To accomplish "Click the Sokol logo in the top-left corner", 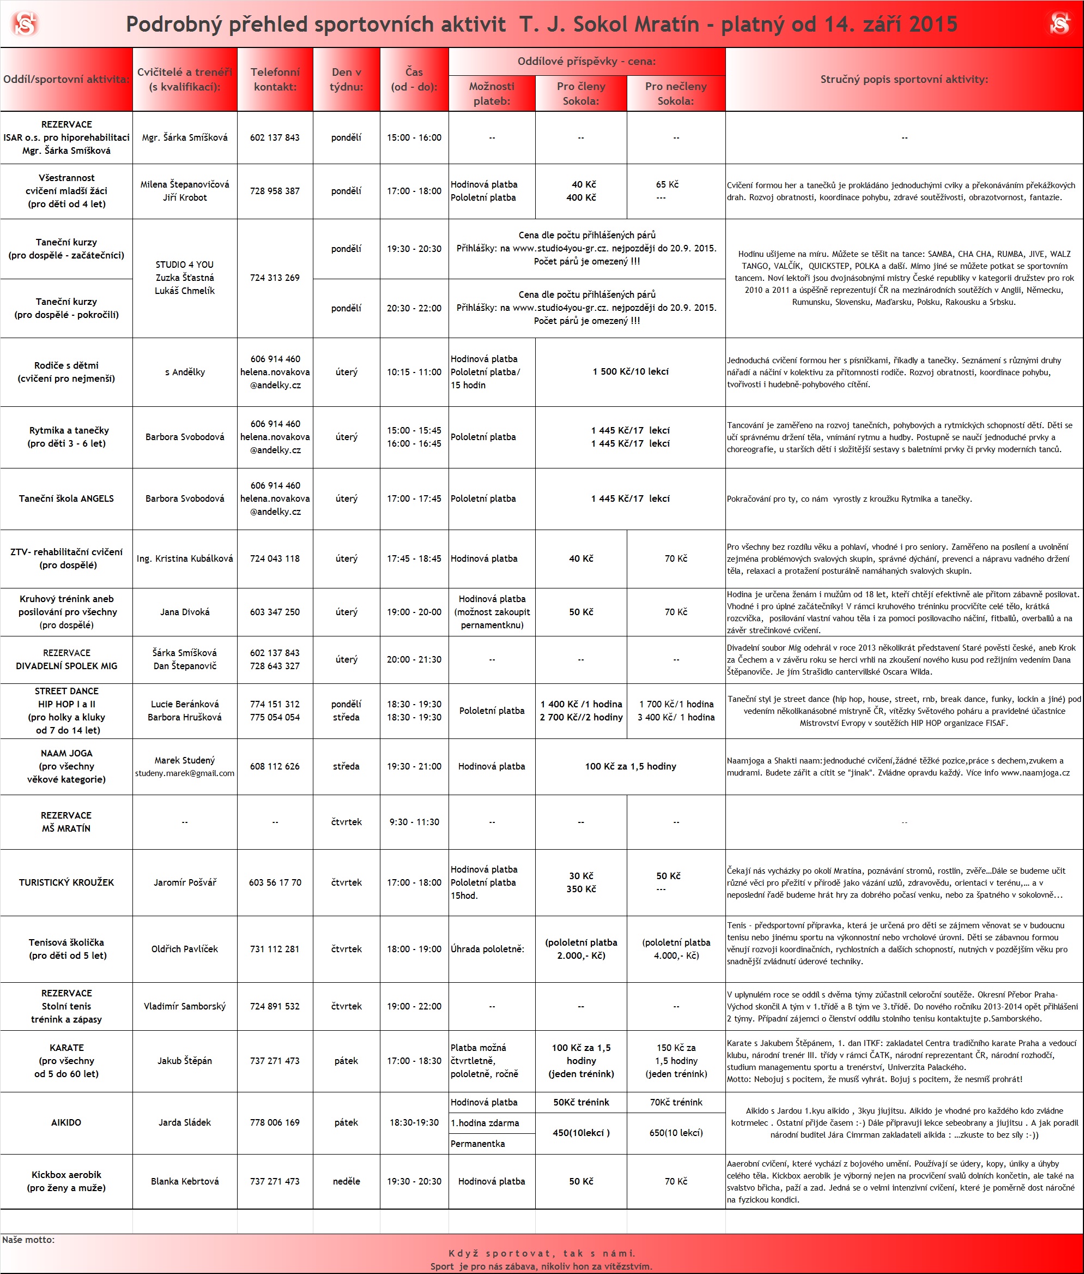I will click(25, 24).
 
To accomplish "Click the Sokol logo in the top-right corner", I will click(1059, 24).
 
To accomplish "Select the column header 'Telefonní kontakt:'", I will click(275, 79).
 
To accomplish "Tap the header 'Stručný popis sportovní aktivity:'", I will click(904, 79).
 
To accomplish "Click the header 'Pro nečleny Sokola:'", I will click(675, 93).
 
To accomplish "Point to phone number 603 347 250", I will click(275, 612).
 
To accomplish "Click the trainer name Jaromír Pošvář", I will click(184, 882).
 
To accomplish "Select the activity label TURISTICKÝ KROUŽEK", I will click(66, 882).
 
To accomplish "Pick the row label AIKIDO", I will click(66, 1122).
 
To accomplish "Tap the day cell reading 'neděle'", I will click(346, 1181).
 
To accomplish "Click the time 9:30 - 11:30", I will click(414, 821).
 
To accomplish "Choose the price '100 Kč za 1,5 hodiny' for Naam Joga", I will click(631, 766).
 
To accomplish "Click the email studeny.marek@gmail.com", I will click(184, 773).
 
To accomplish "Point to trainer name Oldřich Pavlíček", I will click(184, 949).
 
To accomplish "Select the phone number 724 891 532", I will click(275, 1006).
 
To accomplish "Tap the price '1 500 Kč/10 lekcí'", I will click(631, 371).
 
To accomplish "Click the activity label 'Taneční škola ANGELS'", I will click(66, 498).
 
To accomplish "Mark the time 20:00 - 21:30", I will click(414, 659).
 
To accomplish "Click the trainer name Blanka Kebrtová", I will click(184, 1181).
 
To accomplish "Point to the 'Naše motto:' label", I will click(28, 1240).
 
